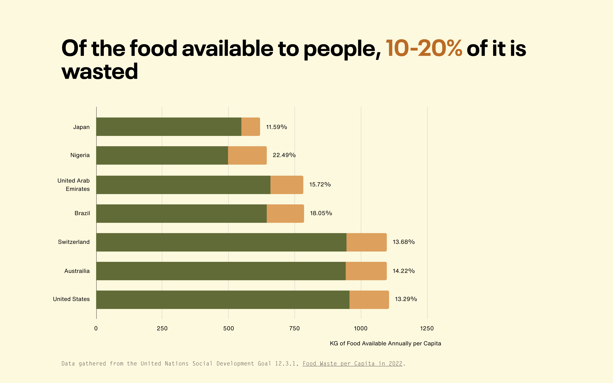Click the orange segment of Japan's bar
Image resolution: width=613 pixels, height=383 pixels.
[251, 127]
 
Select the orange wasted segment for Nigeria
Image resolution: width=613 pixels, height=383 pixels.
[247, 155]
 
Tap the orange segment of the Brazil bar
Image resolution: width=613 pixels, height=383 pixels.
[285, 214]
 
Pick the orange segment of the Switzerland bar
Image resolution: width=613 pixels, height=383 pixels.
[366, 242]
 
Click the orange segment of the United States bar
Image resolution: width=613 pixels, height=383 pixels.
[369, 300]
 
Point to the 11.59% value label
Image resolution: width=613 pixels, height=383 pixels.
[276, 127]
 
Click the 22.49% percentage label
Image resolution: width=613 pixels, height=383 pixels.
[284, 155]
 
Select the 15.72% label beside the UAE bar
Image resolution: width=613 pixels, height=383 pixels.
[320, 184]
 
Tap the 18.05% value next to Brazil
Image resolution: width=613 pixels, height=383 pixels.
[321, 213]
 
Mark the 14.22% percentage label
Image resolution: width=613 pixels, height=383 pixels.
[404, 271]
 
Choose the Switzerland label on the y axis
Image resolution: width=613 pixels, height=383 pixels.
[74, 242]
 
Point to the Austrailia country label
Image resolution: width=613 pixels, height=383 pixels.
[77, 271]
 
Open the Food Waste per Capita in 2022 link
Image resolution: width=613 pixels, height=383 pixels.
[352, 364]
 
